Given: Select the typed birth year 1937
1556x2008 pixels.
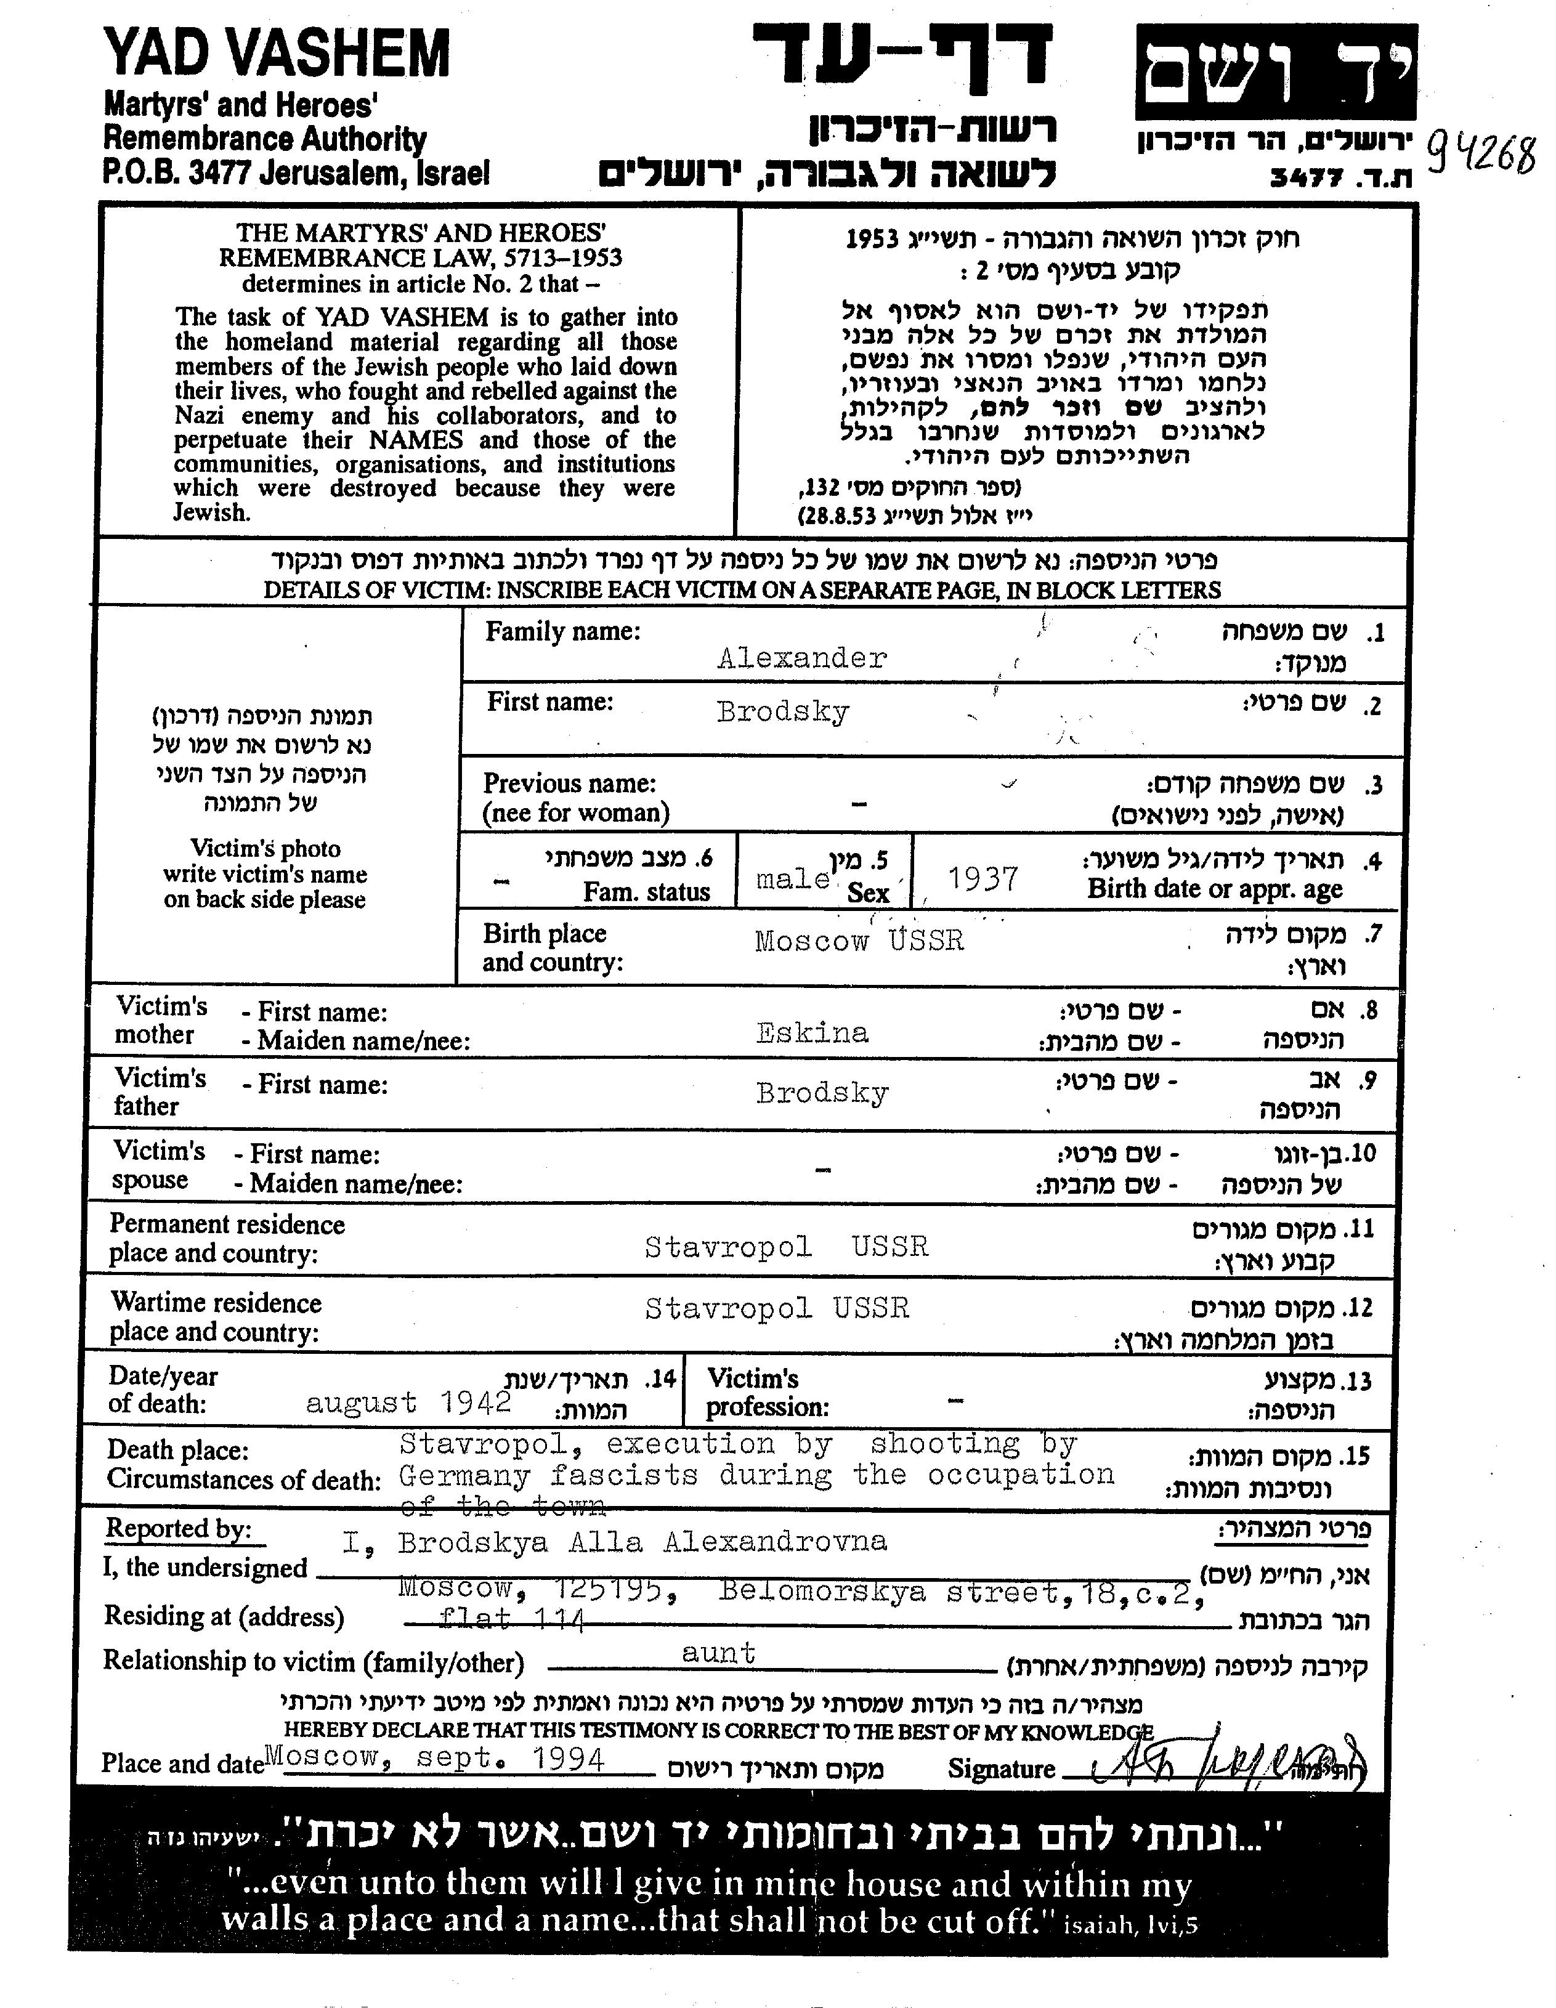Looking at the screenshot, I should (x=982, y=879).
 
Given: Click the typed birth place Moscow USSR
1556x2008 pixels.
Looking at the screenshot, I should (x=859, y=941).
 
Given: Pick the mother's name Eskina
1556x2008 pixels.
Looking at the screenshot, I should (x=812, y=1034).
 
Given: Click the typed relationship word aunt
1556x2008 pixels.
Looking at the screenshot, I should (x=718, y=1653).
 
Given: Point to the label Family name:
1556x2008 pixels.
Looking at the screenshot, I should (x=562, y=631).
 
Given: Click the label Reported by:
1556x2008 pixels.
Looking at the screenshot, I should (x=179, y=1529).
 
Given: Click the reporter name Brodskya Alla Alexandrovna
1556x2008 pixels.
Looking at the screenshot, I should (x=642, y=1542).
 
